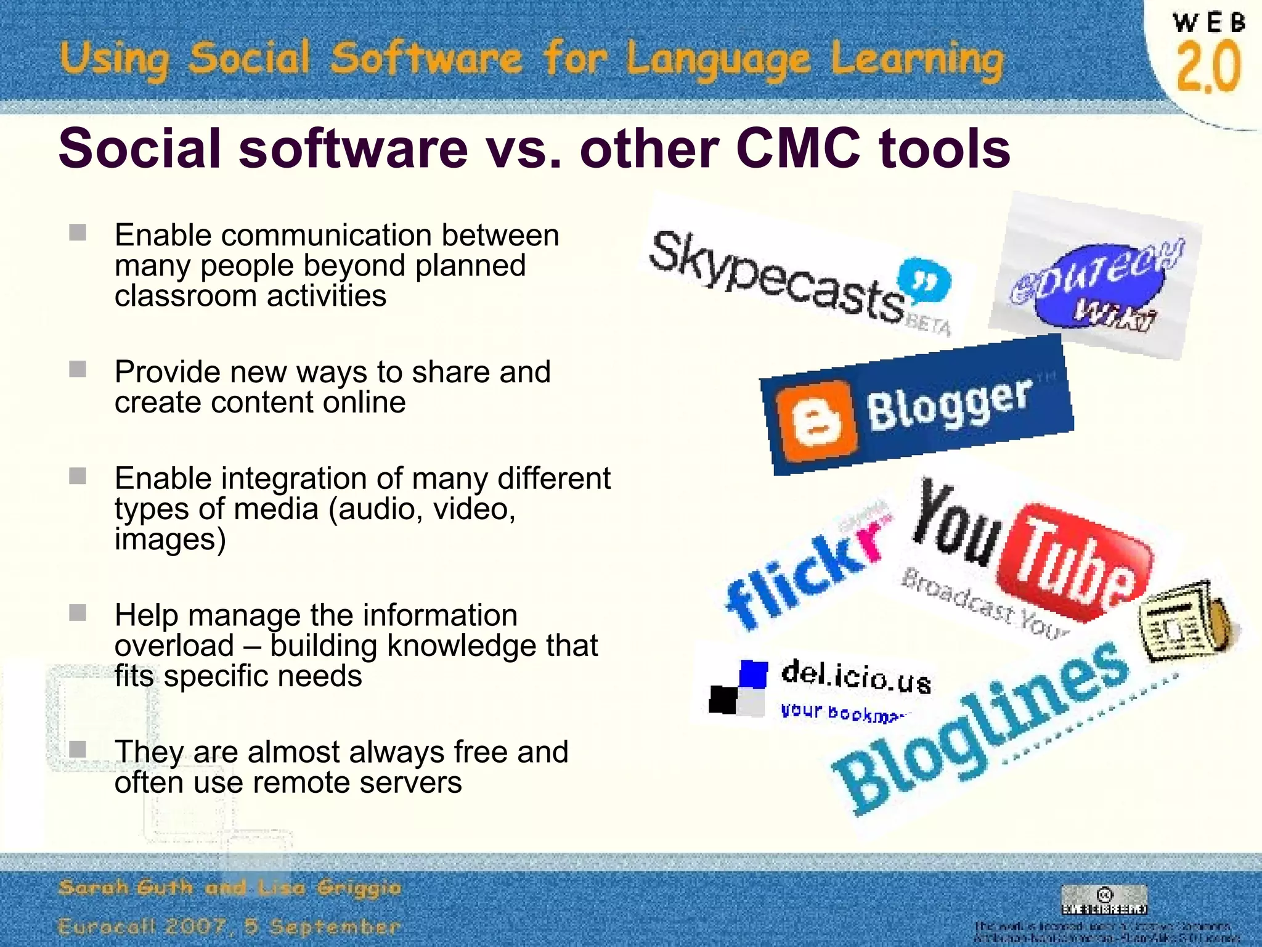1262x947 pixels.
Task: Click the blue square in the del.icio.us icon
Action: (x=753, y=673)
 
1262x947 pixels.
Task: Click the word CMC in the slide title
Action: (x=798, y=149)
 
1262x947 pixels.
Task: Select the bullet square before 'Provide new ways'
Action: (x=78, y=370)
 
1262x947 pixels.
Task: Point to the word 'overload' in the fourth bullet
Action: (x=174, y=646)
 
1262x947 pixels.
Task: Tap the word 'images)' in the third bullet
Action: (x=170, y=539)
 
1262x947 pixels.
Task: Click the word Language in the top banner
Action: (x=718, y=60)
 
